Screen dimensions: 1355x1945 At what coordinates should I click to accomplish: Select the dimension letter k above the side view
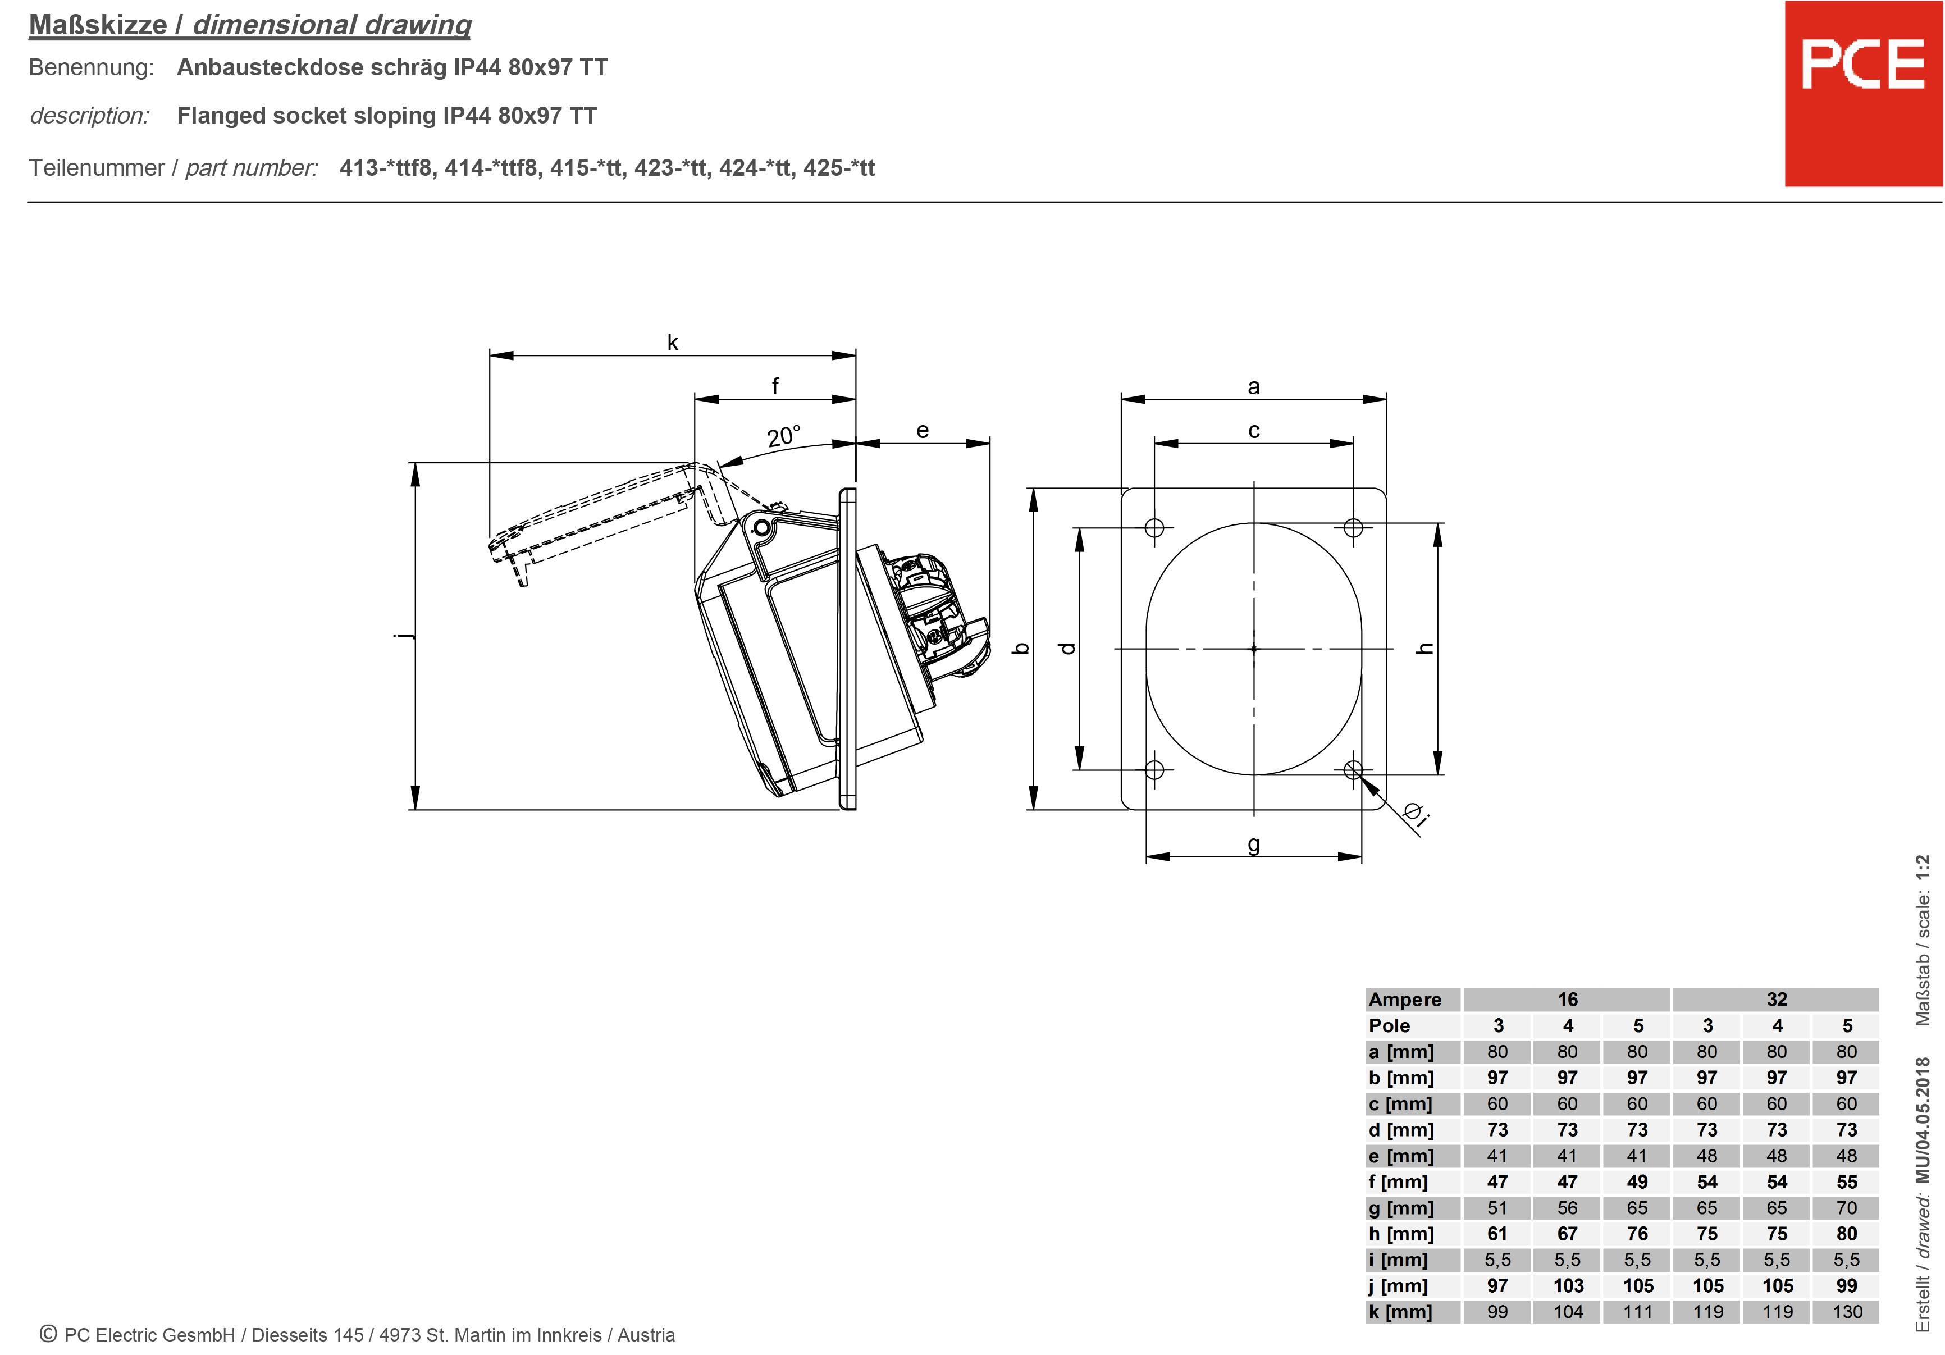click(x=673, y=343)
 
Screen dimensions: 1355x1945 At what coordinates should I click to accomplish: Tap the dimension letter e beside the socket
click(x=923, y=431)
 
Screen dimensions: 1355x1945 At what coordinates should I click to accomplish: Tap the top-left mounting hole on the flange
click(x=1154, y=528)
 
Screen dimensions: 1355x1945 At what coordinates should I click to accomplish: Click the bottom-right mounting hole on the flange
click(x=1353, y=769)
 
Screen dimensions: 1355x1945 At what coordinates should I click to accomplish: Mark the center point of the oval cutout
click(x=1254, y=649)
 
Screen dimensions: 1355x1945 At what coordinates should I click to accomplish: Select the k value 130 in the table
click(x=1847, y=1312)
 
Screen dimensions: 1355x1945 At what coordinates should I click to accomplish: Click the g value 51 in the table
click(x=1497, y=1207)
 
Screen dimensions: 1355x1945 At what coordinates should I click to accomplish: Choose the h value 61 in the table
click(x=1497, y=1234)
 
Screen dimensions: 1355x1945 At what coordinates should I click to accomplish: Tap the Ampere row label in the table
click(x=1404, y=1000)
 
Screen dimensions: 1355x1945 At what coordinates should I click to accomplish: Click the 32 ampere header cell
click(x=1777, y=1000)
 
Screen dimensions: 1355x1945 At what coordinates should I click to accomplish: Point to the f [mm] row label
click(x=1398, y=1182)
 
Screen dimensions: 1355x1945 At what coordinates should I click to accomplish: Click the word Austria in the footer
click(x=646, y=1335)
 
